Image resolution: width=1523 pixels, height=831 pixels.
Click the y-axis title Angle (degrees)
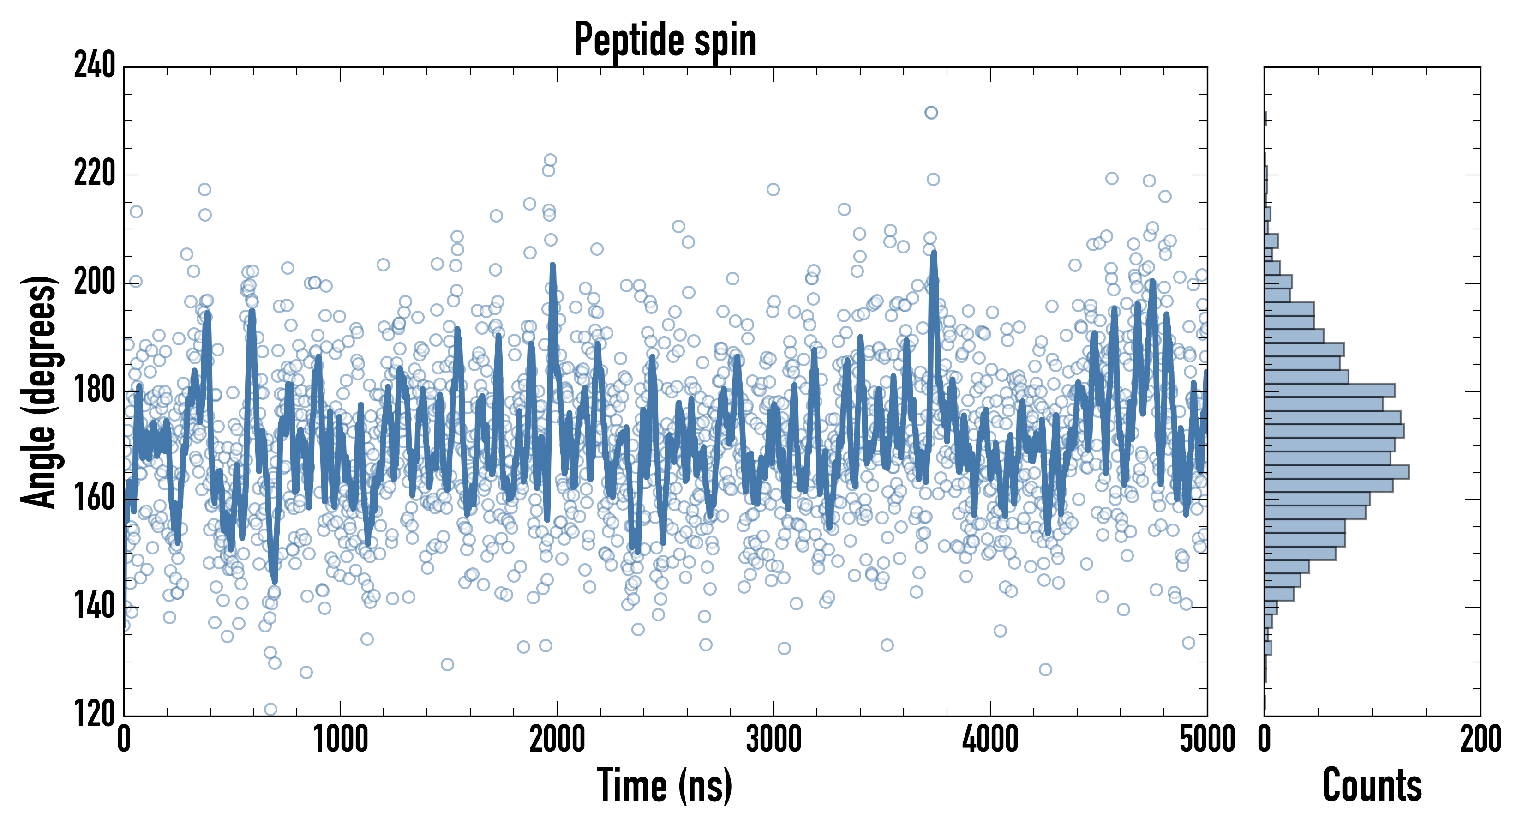[39, 391]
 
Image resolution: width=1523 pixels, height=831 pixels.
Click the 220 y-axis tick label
[95, 175]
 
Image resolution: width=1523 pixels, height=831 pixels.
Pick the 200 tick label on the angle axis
[95, 283]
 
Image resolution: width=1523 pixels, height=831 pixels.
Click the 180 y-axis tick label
[95, 391]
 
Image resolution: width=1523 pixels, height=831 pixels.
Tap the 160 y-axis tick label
[95, 499]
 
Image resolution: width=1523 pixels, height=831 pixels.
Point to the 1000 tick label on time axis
[340, 739]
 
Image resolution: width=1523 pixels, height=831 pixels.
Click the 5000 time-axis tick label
[1206, 739]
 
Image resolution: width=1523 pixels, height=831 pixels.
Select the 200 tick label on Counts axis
[1480, 739]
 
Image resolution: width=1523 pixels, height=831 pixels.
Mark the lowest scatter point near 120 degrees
[270, 709]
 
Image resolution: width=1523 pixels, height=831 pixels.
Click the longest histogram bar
[1336, 471]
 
